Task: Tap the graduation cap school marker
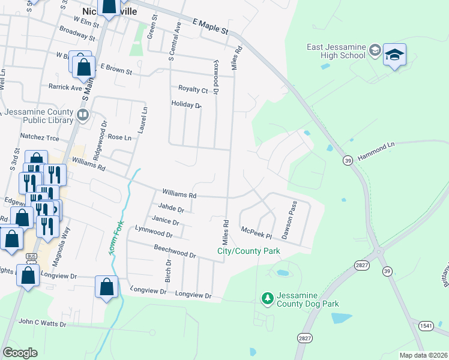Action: [x=394, y=55]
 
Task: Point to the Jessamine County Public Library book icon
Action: [x=83, y=114]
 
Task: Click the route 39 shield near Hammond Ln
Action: [x=348, y=160]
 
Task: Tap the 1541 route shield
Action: [x=426, y=325]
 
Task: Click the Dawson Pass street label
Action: [x=289, y=221]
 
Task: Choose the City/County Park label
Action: [x=249, y=251]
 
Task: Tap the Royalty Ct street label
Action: [x=193, y=90]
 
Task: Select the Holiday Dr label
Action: [x=186, y=104]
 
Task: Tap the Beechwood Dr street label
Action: [x=175, y=251]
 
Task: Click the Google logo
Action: [x=20, y=353]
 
